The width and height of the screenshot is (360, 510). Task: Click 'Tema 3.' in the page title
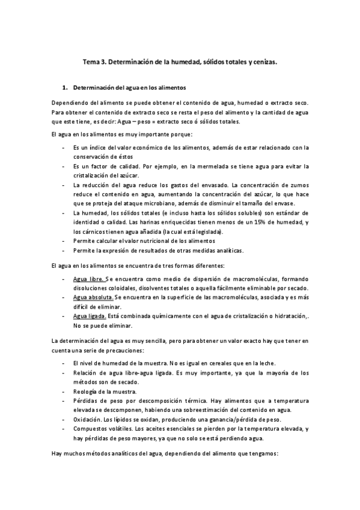click(93, 61)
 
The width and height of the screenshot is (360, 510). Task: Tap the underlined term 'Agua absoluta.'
click(93, 298)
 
